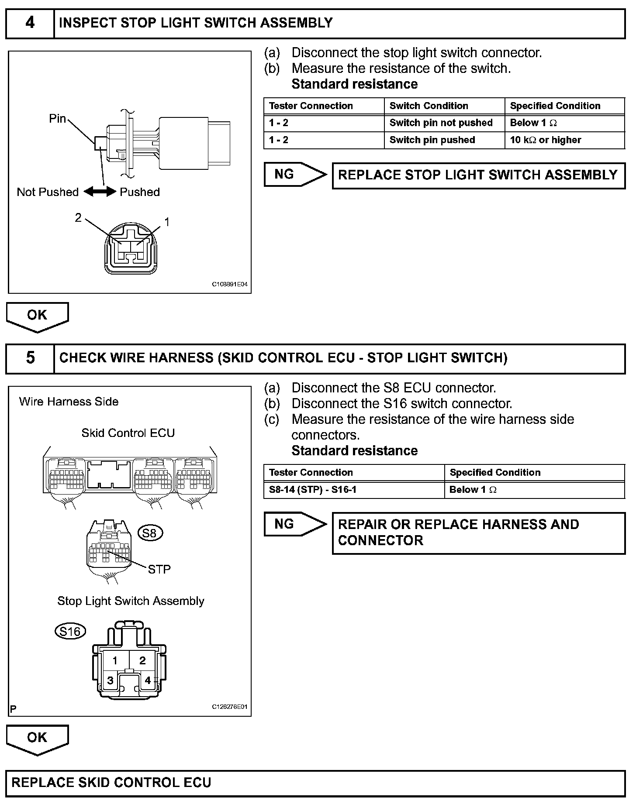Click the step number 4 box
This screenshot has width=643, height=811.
(30, 23)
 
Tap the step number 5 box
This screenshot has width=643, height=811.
(30, 358)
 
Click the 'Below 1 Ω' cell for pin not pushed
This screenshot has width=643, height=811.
(564, 123)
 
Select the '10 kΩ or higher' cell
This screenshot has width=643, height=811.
(564, 140)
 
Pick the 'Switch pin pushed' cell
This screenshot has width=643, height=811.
(444, 140)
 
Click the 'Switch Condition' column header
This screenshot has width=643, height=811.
(444, 106)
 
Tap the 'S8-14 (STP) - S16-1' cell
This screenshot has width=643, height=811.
(354, 490)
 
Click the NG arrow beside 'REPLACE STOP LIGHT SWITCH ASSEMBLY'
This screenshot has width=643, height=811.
(294, 175)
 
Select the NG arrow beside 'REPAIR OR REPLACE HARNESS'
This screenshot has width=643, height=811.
(294, 524)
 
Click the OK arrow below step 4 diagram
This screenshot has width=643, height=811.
(37, 316)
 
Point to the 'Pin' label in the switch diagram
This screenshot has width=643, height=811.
(57, 119)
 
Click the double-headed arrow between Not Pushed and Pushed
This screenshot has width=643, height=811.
(100, 192)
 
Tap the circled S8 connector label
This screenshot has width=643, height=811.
(150, 533)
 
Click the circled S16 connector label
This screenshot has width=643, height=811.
(70, 632)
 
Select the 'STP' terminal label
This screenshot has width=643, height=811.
(159, 569)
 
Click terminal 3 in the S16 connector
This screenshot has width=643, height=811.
(111, 680)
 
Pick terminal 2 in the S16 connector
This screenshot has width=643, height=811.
(142, 661)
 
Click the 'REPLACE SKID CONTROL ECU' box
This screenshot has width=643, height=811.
(315, 783)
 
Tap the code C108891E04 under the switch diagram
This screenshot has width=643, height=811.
(230, 284)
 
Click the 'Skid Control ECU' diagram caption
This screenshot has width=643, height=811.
(128, 433)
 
